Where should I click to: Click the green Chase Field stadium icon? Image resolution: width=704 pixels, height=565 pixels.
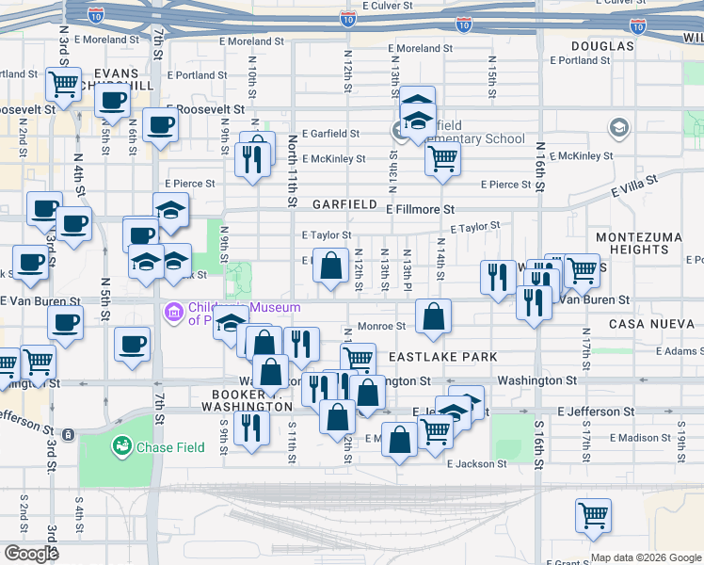tap(121, 445)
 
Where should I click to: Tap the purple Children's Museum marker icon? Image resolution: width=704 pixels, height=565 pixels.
tap(172, 312)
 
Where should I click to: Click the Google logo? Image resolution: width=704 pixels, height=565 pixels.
tap(30, 554)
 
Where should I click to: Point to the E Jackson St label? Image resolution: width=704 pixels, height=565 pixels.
tap(477, 464)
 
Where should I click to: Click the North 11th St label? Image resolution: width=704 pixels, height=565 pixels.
tap(294, 169)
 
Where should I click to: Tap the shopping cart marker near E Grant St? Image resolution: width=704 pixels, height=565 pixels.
tap(593, 514)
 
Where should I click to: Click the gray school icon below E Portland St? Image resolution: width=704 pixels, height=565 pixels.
tap(618, 127)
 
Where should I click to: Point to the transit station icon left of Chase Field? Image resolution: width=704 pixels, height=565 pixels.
tap(70, 434)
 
